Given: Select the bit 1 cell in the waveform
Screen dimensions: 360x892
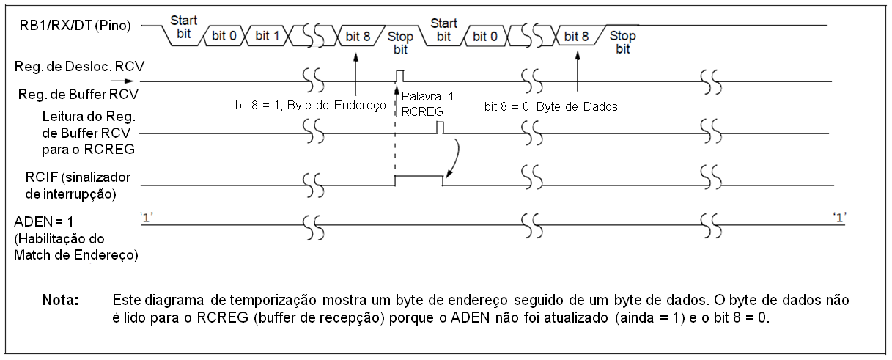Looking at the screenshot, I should [x=268, y=36].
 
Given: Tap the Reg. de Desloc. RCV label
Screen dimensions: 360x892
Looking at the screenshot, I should [x=79, y=66].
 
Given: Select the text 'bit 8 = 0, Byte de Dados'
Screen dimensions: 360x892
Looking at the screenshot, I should [x=551, y=106].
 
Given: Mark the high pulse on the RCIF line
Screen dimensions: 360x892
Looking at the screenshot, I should [x=419, y=176].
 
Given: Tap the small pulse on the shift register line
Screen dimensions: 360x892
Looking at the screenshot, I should [x=399, y=75].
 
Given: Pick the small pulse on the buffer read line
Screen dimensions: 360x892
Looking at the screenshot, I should [x=441, y=128].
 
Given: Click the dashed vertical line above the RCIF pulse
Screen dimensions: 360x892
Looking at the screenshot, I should [x=397, y=139].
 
